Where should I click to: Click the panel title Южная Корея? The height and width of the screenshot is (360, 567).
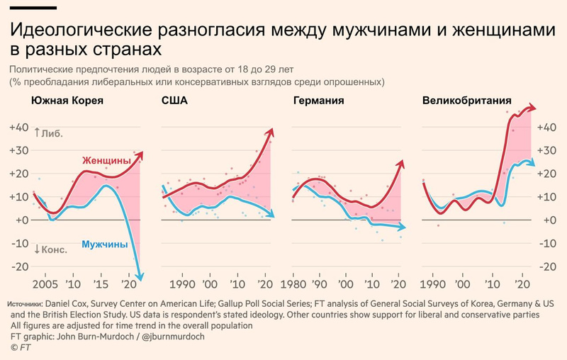point(67,101)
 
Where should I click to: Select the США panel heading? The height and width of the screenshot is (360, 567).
point(174,101)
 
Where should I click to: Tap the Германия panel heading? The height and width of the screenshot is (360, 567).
point(318,101)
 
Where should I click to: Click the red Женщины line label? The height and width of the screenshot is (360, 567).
point(107,161)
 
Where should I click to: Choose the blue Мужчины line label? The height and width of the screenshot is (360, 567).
point(105,245)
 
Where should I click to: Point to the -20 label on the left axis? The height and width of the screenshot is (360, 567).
point(18,266)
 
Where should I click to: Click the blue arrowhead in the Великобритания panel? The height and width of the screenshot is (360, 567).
point(531,164)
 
